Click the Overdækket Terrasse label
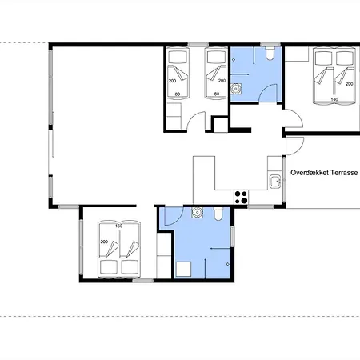[324, 173]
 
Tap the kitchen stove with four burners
[241, 198]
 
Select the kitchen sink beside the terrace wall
[275, 182]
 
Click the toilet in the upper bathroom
[270, 53]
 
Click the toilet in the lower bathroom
[218, 214]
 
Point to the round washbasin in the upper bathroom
[236, 89]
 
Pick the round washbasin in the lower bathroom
[197, 213]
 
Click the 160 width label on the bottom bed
[118, 226]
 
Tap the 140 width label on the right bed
[334, 99]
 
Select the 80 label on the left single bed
[178, 94]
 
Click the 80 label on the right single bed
[217, 94]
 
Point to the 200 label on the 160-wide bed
[104, 242]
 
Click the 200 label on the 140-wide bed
[349, 84]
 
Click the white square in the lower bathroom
[183, 270]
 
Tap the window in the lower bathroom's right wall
[232, 236]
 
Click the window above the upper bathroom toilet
[270, 45]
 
